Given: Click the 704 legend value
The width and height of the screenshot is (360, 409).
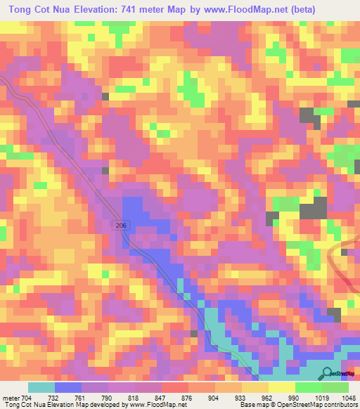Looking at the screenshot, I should pyautogui.click(x=27, y=398).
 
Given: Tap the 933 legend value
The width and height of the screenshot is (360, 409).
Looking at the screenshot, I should pyautogui.click(x=229, y=398).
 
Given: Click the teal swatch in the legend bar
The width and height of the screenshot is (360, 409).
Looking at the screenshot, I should pyautogui.click(x=41, y=387).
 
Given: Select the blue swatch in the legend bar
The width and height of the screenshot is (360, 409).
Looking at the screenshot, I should pyautogui.click(x=67, y=387).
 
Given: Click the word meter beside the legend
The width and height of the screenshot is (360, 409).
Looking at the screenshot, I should pyautogui.click(x=10, y=398).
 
